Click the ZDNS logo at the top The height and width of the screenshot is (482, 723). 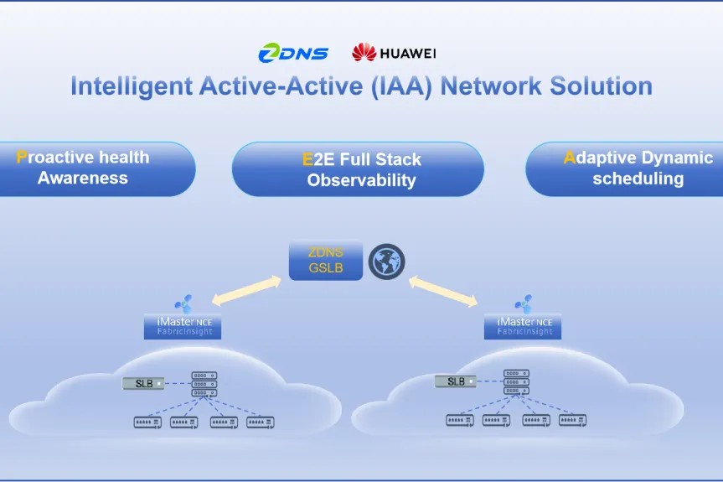coord(293,54)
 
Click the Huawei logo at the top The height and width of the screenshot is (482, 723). coord(394,54)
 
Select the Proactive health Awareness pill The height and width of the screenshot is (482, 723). coord(92,168)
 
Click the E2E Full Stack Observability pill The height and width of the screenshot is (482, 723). coord(358,169)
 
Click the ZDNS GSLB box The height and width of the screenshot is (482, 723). coord(326,262)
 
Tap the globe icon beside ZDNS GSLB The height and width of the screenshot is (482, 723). coord(386,262)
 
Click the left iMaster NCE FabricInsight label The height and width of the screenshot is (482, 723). coord(184,326)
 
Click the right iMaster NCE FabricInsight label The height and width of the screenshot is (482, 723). coord(523,326)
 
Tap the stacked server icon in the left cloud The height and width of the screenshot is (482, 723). coord(204,384)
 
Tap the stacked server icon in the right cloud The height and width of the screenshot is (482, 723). coord(516,382)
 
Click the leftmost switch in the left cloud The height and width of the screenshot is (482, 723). coord(147,422)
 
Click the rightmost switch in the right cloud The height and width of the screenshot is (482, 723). coord(573,420)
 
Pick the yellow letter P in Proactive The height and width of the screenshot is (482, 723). coord(22,157)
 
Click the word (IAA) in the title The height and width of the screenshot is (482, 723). coord(401,86)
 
